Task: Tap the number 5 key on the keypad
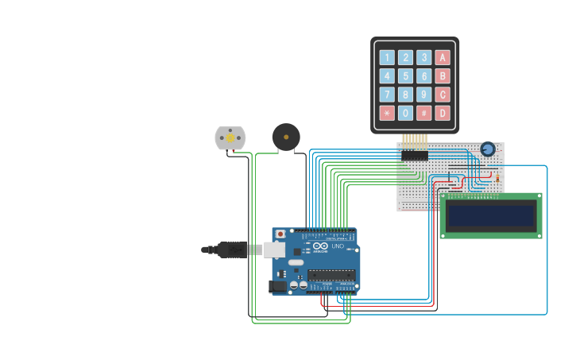click(x=405, y=76)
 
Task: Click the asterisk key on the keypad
click(x=387, y=113)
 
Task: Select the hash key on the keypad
click(x=424, y=113)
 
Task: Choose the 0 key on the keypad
click(x=405, y=113)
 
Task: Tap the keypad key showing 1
click(x=387, y=57)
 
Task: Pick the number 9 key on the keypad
click(x=424, y=95)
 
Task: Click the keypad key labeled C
click(x=443, y=95)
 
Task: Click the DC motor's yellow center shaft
click(x=230, y=138)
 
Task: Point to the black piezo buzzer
click(x=286, y=137)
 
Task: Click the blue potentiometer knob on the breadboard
click(x=488, y=149)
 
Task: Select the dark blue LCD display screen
click(x=490, y=215)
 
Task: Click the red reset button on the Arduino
click(x=280, y=234)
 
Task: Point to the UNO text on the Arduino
click(x=338, y=246)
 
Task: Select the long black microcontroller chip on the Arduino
click(x=331, y=275)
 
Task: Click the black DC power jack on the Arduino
click(x=277, y=286)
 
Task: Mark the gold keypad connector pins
click(x=414, y=141)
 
